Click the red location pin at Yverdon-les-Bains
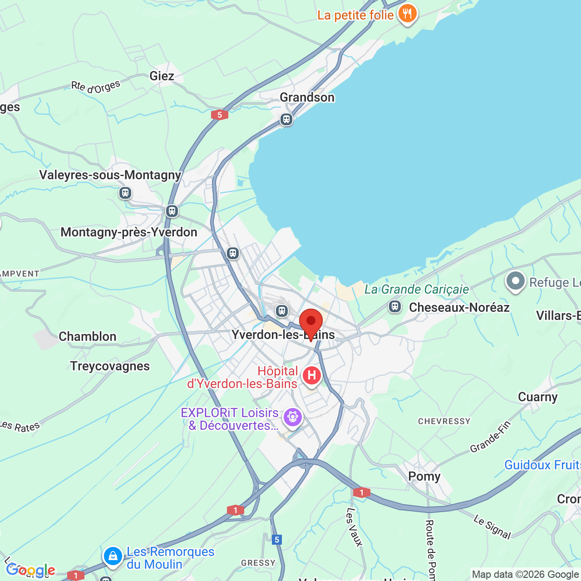tap(311, 323)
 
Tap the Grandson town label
tap(307, 98)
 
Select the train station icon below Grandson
tap(286, 119)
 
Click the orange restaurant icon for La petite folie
tap(407, 14)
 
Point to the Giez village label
tap(162, 76)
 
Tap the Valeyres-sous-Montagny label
tap(110, 175)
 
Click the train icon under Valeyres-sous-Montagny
tap(125, 193)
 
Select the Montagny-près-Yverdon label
tap(129, 232)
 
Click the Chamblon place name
tap(88, 336)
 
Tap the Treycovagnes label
tap(110, 366)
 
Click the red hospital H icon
tap(312, 376)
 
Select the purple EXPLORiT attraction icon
tap(292, 417)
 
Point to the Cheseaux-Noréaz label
tap(459, 307)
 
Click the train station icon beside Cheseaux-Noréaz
tap(395, 307)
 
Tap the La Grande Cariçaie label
tap(417, 289)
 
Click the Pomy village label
tap(424, 476)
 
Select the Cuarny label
tap(538, 397)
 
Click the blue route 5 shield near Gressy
tap(277, 540)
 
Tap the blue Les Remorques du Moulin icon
tap(113, 555)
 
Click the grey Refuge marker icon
tap(515, 281)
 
